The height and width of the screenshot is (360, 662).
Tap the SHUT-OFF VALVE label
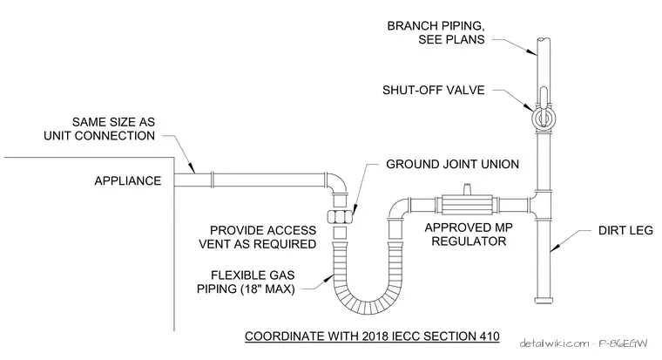[x=433, y=91]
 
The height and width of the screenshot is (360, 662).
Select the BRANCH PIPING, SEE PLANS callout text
[x=436, y=32]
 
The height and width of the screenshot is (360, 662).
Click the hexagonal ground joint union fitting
[x=340, y=217]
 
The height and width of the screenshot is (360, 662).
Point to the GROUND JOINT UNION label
[x=452, y=165]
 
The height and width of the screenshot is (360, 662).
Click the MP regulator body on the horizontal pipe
[x=467, y=206]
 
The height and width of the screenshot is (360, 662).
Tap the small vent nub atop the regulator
[x=467, y=189]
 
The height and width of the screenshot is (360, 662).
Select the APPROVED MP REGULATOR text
[x=469, y=234]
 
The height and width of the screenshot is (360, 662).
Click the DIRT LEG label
[x=625, y=231]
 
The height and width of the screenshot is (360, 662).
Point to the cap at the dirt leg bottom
[x=544, y=301]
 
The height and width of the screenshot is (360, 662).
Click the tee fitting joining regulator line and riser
[x=541, y=206]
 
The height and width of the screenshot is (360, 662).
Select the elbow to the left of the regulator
[x=399, y=207]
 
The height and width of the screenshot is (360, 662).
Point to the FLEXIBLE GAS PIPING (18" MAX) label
[x=247, y=282]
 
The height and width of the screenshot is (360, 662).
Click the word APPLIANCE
[x=128, y=181]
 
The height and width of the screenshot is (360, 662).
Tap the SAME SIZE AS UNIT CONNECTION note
[x=99, y=129]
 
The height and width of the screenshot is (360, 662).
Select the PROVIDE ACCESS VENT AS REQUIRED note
[x=258, y=237]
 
